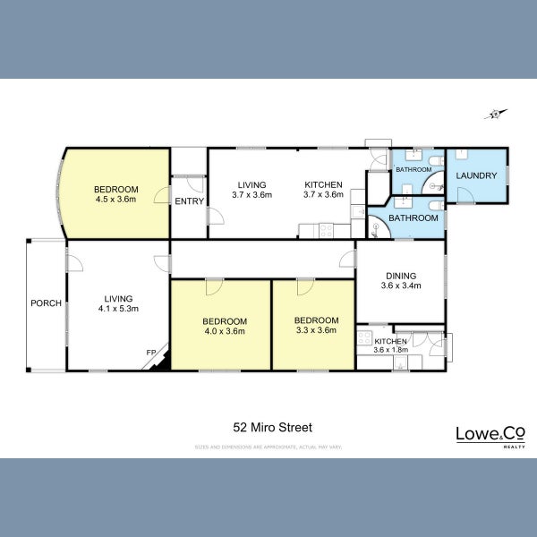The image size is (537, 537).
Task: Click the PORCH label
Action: coord(46,303)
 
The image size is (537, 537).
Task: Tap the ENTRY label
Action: coord(188,201)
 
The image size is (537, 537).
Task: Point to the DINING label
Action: coord(400,277)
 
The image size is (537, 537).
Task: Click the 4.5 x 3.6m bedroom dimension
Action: coord(116,200)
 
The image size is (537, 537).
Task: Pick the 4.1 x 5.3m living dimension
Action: coord(118,309)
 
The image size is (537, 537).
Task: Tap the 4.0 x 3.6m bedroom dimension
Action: coord(223,331)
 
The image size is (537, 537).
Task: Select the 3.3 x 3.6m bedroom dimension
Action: coord(316,331)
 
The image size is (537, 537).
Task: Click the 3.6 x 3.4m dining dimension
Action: coord(400,286)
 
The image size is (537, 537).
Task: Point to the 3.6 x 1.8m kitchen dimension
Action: coord(390,350)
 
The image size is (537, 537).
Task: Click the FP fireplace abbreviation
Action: coord(149,353)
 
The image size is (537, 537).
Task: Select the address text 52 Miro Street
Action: coord(268,428)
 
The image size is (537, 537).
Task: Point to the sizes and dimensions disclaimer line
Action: coord(268,446)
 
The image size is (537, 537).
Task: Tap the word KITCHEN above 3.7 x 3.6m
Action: coord(323,184)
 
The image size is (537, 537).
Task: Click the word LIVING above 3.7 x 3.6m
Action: coord(251,184)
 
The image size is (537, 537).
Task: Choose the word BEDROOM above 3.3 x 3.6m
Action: coord(316,320)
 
